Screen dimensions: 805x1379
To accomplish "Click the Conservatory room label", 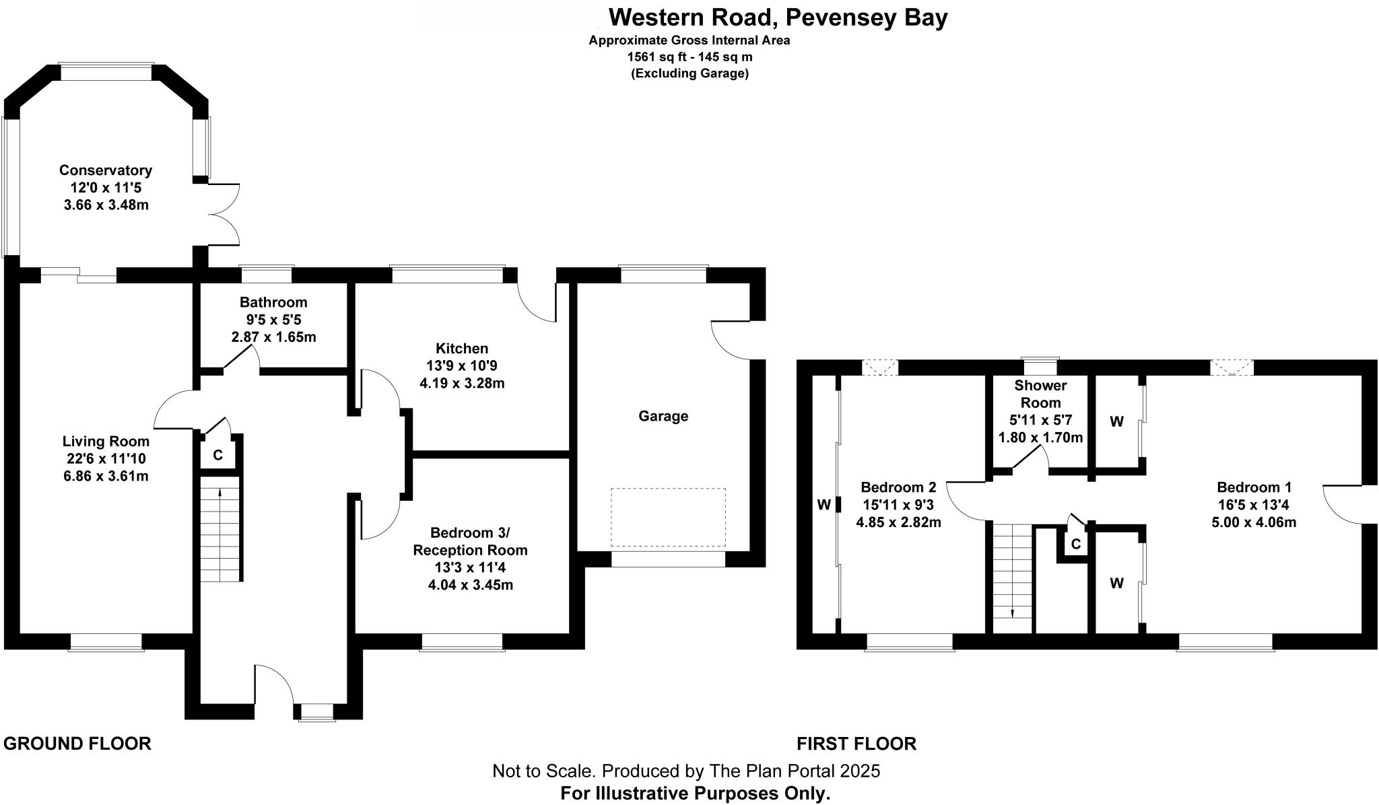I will tap(106, 170).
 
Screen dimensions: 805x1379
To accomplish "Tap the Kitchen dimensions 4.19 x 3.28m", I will tap(462, 384).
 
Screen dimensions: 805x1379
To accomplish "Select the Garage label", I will tap(663, 416).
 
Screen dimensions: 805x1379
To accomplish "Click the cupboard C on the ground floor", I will tap(217, 456).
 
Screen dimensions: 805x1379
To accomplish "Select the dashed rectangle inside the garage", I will tap(668, 517).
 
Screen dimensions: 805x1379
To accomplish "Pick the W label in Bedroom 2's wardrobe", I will tap(823, 505).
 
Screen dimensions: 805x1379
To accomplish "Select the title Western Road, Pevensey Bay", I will tap(778, 17).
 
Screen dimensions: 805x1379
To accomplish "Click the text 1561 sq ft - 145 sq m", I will tap(689, 57).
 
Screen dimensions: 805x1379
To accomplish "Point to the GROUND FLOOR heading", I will tap(77, 744).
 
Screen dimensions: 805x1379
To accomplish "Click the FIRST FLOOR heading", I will tap(856, 744).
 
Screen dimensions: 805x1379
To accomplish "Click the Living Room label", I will tap(106, 442).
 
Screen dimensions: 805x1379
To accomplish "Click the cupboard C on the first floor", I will tap(1075, 544).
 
